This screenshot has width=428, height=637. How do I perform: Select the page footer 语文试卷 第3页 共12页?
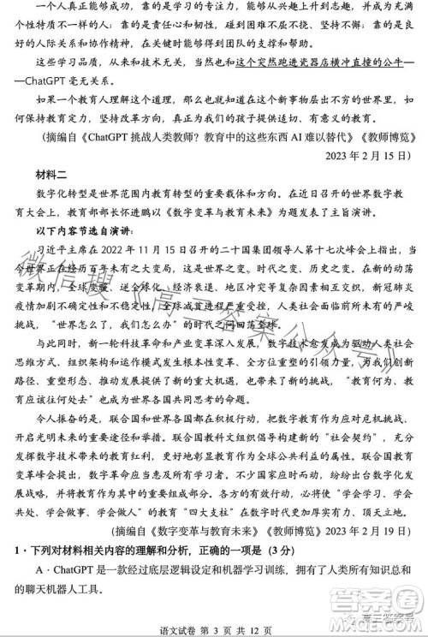214,628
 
